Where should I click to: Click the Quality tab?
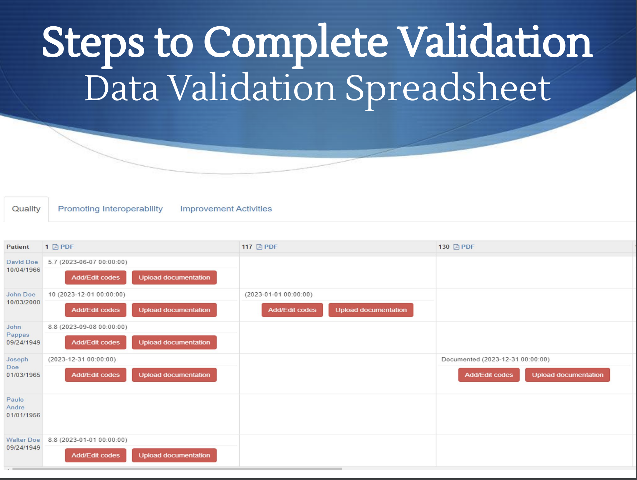[26, 209]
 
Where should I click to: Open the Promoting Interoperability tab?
[110, 209]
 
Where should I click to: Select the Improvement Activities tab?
[226, 209]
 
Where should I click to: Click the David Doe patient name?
[22, 262]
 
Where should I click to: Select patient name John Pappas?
[18, 331]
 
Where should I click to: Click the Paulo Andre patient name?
[15, 403]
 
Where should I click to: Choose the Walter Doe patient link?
[23, 440]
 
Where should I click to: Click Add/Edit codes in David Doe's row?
[96, 277]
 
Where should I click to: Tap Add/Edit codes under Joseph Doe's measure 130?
[489, 375]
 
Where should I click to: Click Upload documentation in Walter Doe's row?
[174, 455]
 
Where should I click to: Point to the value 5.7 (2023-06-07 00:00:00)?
[88, 262]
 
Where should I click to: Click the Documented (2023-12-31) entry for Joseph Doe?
[495, 359]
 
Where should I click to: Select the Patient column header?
[18, 247]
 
